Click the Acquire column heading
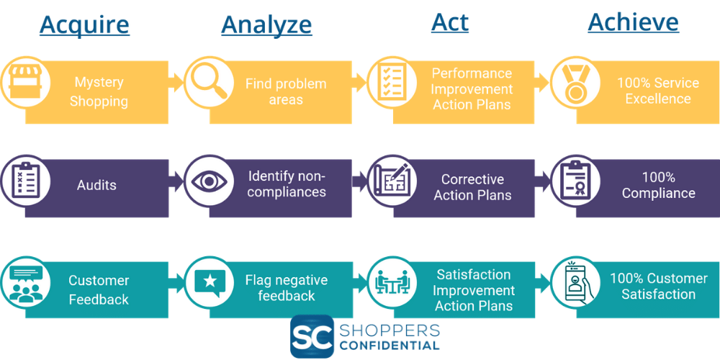point(84,24)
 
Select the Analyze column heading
point(266,24)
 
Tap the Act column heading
point(449,22)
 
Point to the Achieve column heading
point(633,22)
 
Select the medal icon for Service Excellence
point(575,83)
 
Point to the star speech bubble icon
point(209,282)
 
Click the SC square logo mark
point(312,336)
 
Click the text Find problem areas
point(286,91)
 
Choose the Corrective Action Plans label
point(472,187)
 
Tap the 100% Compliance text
point(658,185)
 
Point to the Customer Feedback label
point(99,289)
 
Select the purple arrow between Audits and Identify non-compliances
point(176,181)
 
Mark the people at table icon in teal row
point(392,282)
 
